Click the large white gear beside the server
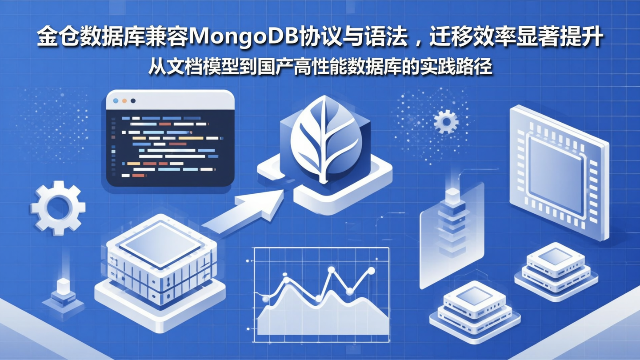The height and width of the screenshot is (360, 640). (x=58, y=208)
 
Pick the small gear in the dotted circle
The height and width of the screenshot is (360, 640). (x=445, y=121)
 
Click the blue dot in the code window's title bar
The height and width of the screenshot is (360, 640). (x=116, y=101)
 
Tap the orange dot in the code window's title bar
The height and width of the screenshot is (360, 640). (x=124, y=101)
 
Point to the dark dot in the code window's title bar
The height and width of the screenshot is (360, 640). (x=133, y=101)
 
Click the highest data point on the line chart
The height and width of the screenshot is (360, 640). (x=331, y=269)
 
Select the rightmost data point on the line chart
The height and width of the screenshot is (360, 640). (x=371, y=270)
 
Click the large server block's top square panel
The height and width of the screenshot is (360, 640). (x=160, y=246)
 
